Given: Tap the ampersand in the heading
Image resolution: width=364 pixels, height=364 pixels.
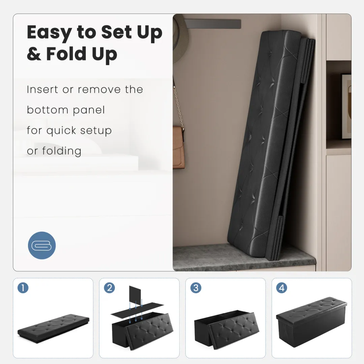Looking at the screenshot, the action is [34, 54].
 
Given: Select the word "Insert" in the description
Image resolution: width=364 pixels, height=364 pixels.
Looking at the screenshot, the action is [42, 90].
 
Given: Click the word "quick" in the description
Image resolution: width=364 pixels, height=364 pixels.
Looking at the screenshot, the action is [61, 131].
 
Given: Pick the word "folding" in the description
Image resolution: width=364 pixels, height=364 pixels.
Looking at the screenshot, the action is [62, 151].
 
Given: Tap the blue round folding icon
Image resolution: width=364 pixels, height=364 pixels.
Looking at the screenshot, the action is [42, 245].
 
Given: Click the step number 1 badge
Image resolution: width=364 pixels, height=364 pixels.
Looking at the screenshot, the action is [23, 288].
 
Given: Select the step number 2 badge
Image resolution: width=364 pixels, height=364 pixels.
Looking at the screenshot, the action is [109, 288].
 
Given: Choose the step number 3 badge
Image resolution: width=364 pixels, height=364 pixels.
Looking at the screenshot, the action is [196, 288].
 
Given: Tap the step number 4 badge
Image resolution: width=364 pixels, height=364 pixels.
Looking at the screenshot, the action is [281, 288].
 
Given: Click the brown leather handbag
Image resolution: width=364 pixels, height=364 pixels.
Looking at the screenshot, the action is [179, 146].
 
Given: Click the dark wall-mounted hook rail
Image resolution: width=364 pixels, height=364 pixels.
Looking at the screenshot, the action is [213, 24].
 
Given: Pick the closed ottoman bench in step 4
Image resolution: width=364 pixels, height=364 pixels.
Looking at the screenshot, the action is [311, 323].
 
